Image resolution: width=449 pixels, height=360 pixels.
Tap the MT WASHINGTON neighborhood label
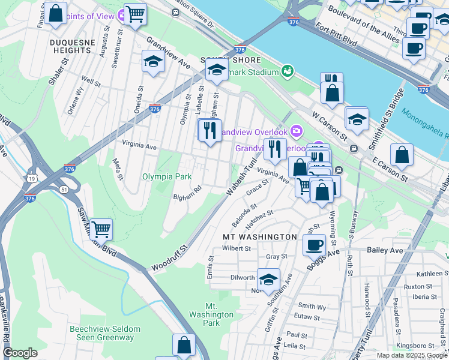pyautogui.click(x=260, y=237)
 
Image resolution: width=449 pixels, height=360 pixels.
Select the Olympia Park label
pyautogui.click(x=166, y=177)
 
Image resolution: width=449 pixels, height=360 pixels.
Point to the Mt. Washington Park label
pyautogui.click(x=211, y=314)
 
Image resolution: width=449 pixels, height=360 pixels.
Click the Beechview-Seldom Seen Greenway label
pyautogui.click(x=104, y=333)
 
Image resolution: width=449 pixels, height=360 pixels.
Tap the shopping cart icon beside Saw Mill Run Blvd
pyautogui.click(x=101, y=229)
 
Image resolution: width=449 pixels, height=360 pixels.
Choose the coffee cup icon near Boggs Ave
pyautogui.click(x=314, y=244)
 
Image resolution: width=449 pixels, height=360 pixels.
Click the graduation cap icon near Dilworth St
pyautogui.click(x=268, y=279)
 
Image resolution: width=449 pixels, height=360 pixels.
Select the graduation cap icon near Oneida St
pyautogui.click(x=153, y=61)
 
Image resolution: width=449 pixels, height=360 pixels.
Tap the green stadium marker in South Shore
pyautogui.click(x=287, y=71)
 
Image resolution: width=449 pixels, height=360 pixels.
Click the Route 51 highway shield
pyautogui.click(x=64, y=190)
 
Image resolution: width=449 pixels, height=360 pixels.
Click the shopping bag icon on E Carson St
pyautogui.click(x=401, y=155)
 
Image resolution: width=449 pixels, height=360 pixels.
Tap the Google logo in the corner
pyautogui.click(x=20, y=353)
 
